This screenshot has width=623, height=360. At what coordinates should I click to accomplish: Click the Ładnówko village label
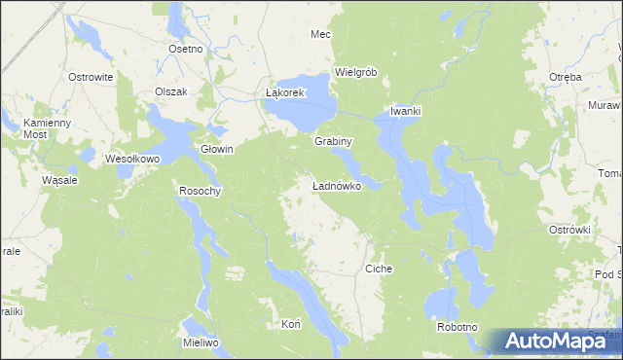pos(337,185)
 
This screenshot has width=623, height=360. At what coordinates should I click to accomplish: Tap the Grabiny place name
pos(332,141)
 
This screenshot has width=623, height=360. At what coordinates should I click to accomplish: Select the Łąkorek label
pos(286,92)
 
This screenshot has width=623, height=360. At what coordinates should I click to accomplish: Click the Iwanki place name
pos(405,111)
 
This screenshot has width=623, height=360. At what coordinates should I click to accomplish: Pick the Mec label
pos(320,34)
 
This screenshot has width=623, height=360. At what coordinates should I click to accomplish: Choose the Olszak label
pos(176,91)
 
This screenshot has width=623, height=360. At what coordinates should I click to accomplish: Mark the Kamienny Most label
pos(48,127)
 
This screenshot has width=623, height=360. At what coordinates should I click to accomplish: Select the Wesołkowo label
pos(131,158)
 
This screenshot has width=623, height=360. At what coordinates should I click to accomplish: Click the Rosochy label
pos(200,191)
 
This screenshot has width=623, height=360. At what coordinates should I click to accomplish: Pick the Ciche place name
pos(378,268)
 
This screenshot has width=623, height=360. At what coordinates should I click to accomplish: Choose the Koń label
pos(289,323)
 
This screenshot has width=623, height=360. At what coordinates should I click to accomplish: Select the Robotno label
pos(458,327)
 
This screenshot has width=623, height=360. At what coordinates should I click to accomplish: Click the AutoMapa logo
pos(555,341)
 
